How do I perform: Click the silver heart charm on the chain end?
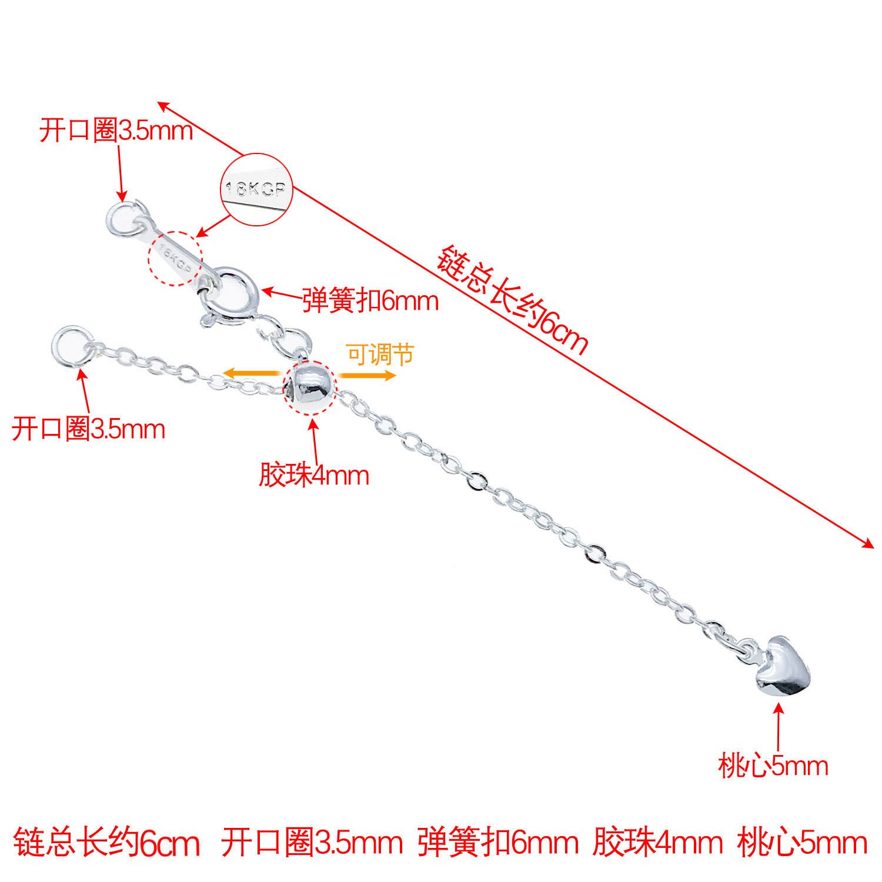783,667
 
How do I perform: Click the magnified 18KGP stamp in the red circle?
256,189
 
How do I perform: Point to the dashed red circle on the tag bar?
175,258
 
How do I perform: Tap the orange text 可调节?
380,354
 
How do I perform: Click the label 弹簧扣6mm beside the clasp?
370,301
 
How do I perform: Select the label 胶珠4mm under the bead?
314,475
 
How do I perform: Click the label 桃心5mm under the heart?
773,766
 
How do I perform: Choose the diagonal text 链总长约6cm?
512,300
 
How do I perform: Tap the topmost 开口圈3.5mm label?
116,130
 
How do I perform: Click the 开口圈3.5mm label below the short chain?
88,429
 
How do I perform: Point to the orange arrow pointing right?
367,375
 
